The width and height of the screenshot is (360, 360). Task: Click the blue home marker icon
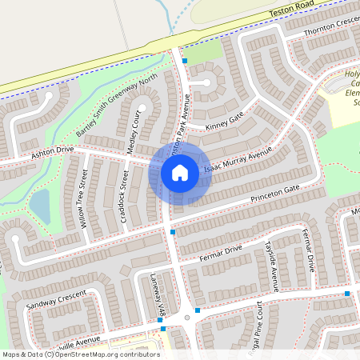click(180, 172)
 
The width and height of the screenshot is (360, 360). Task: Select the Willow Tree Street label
click(82, 203)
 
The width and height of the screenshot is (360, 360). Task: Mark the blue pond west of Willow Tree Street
click(39, 206)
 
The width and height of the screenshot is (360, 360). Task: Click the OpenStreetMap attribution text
click(80, 354)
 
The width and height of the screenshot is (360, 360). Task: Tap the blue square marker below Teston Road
click(185, 60)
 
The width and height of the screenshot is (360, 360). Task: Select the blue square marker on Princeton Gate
click(173, 232)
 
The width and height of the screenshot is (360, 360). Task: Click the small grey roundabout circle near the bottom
click(187, 318)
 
